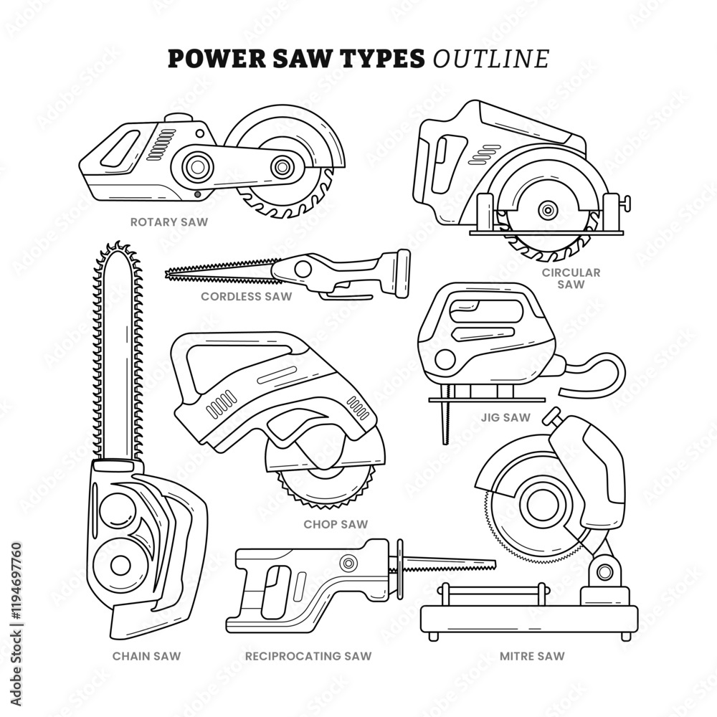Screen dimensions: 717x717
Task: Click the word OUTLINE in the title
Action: (x=491, y=59)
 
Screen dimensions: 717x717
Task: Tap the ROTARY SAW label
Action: (x=169, y=222)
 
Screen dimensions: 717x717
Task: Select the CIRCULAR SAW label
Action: (x=571, y=278)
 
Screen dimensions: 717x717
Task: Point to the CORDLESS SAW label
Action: (x=247, y=296)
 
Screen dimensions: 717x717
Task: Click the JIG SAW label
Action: (x=506, y=417)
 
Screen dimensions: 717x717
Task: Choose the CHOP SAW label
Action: (x=336, y=524)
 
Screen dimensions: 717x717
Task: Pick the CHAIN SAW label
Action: (x=146, y=655)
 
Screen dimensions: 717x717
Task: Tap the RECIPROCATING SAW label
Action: (x=308, y=655)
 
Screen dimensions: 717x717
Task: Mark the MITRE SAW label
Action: (x=532, y=655)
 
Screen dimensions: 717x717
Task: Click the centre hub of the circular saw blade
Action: (x=548, y=210)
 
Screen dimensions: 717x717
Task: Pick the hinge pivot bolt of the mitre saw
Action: (x=604, y=571)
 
